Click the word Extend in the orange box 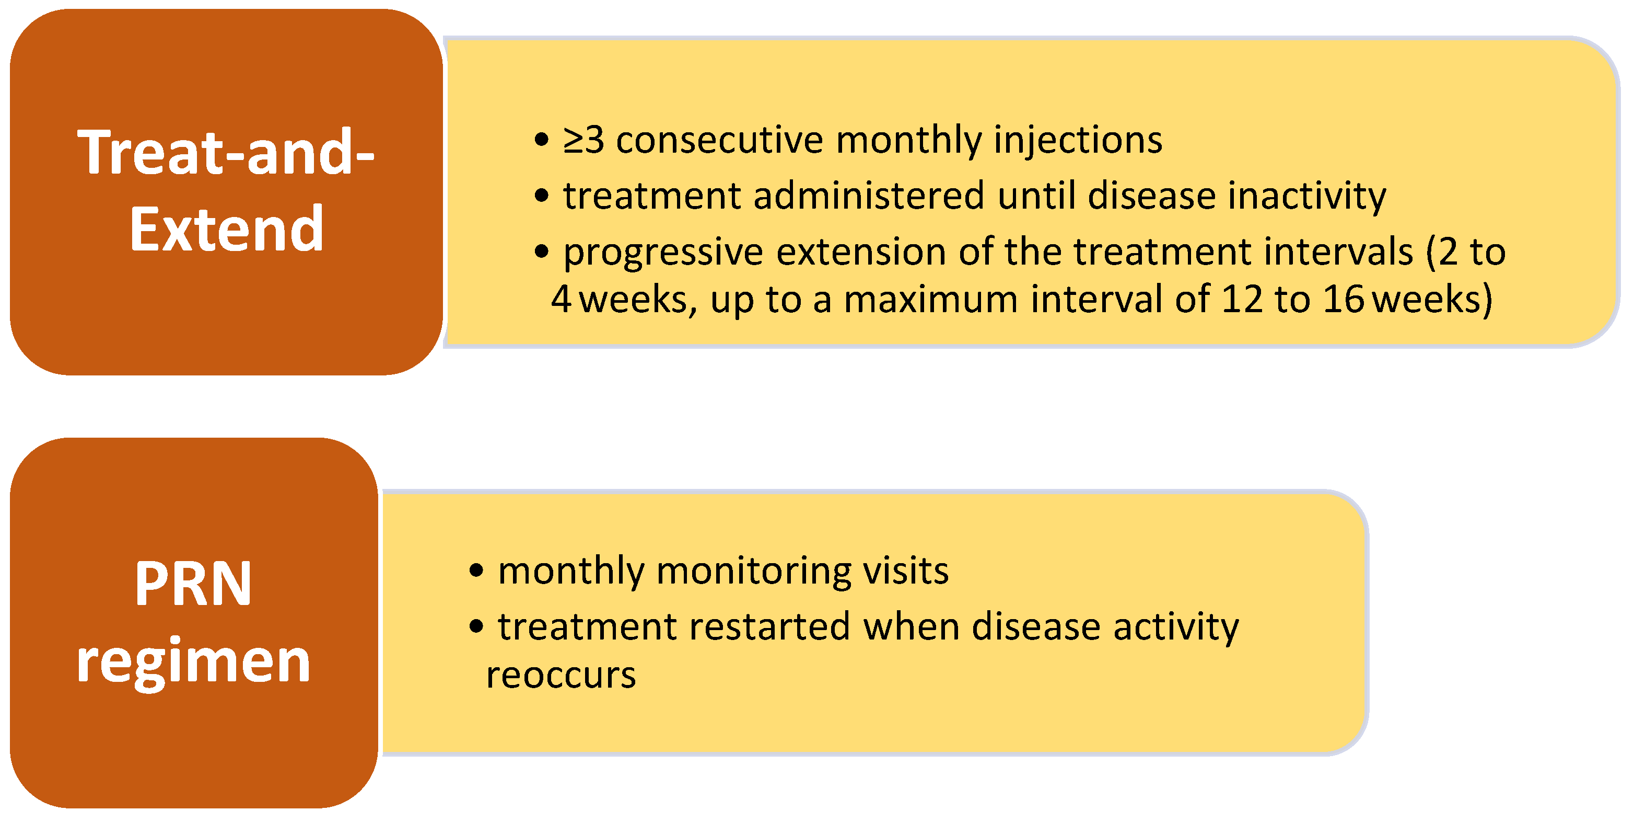(x=227, y=229)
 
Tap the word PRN (x=193, y=584)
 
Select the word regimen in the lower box (x=193, y=664)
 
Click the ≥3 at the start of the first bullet (x=583, y=140)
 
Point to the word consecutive (x=719, y=140)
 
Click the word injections (x=1078, y=140)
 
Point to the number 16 (x=1344, y=299)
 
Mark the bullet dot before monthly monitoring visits (x=476, y=570)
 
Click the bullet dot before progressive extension (x=541, y=252)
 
